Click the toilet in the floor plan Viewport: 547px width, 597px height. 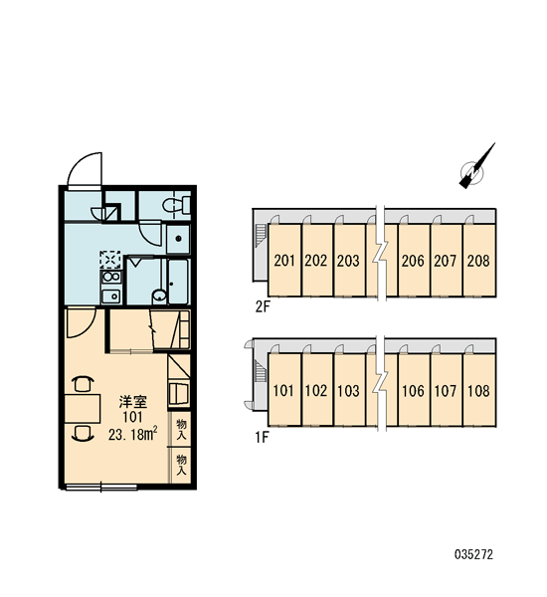177,205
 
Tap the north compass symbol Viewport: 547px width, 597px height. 475,168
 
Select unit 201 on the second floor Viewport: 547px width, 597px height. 284,260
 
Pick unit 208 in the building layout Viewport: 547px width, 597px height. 478,260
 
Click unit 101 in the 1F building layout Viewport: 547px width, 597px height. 283,390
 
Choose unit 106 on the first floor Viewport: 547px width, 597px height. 414,390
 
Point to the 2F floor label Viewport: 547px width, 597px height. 263,306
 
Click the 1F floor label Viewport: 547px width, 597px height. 262,438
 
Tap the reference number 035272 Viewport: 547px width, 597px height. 474,554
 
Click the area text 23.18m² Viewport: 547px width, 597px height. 133,434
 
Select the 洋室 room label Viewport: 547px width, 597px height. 133,402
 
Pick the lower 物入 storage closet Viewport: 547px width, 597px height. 180,465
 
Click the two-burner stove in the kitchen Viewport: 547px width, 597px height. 110,277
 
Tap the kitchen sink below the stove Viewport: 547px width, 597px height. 110,296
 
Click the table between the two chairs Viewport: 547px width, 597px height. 83,409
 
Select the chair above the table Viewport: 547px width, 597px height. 83,383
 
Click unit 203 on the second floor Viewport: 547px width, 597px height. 349,260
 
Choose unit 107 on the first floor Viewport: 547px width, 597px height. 446,390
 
